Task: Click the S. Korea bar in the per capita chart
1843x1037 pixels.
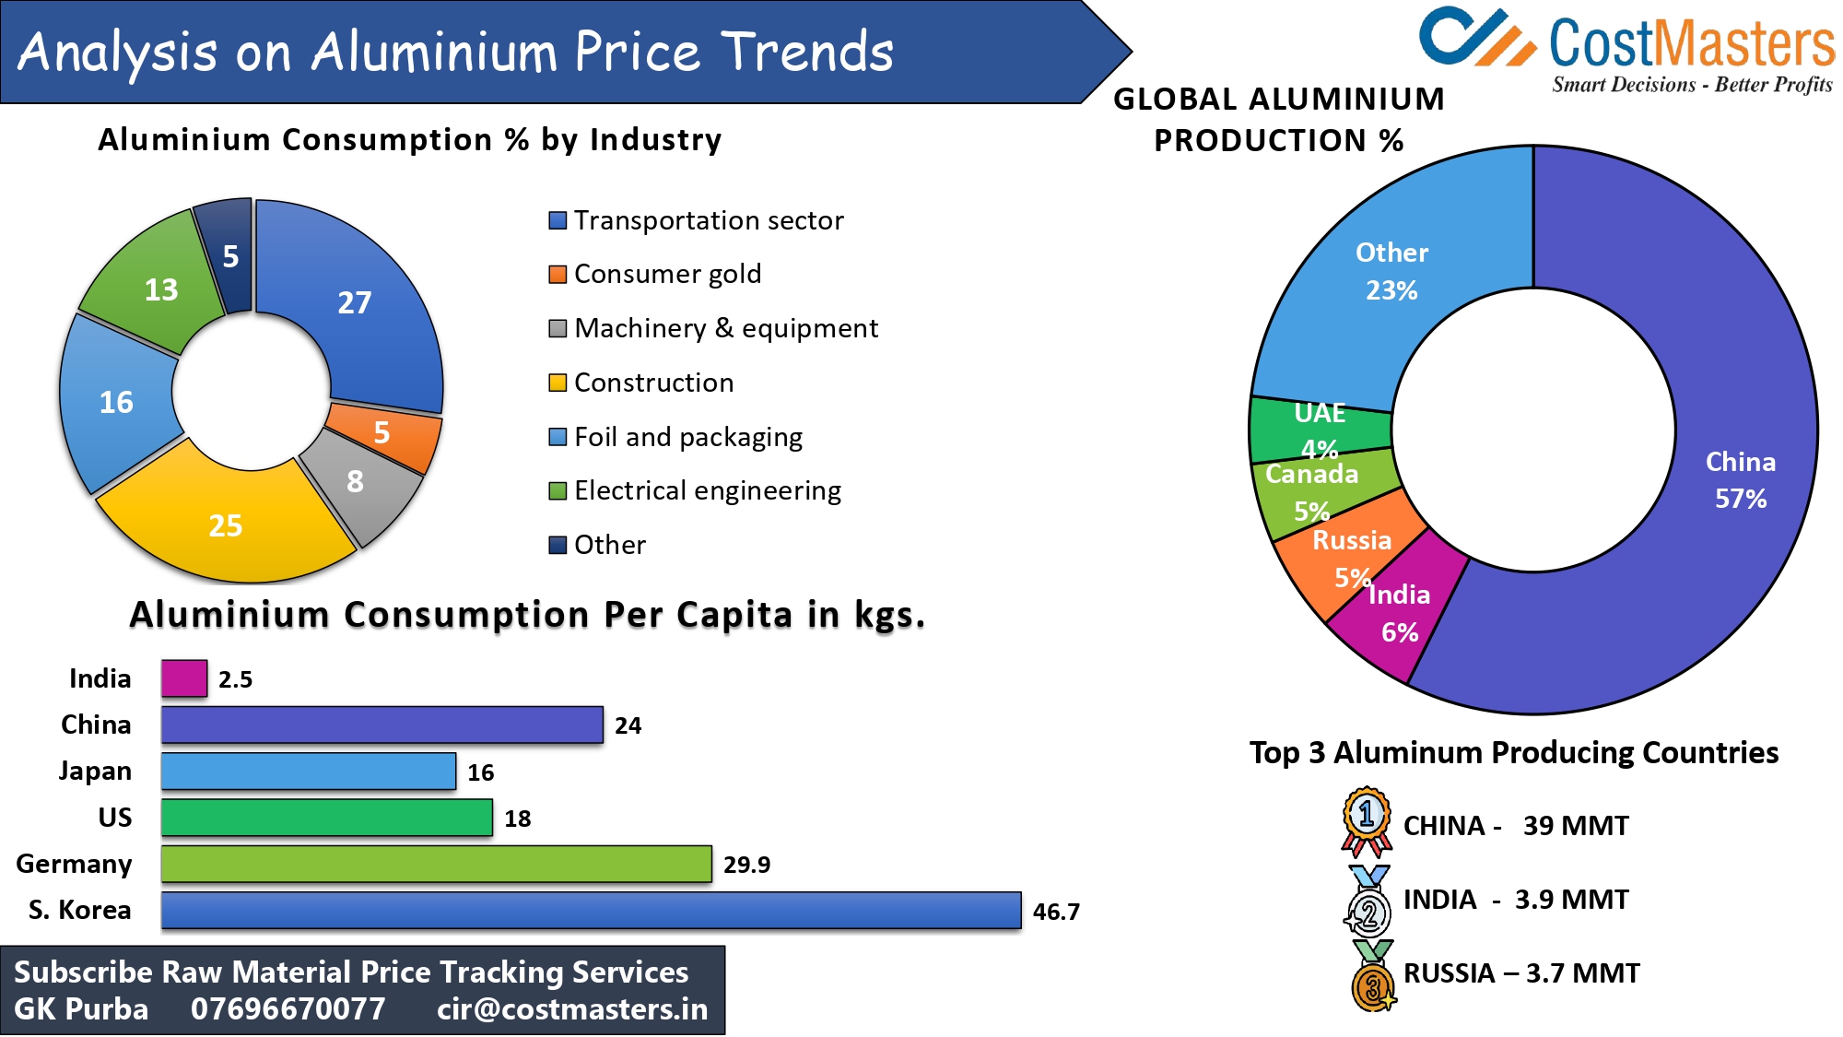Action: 590,910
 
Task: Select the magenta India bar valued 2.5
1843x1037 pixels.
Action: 184,678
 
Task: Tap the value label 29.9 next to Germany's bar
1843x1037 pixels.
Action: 746,865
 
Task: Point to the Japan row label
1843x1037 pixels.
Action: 95,771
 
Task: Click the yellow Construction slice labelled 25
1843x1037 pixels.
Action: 226,525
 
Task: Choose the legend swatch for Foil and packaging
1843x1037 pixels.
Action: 558,437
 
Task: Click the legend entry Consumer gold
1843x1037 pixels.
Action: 667,274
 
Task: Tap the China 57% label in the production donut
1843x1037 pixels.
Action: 1740,479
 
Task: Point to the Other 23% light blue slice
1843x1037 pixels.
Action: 1391,271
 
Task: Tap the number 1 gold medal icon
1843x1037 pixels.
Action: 1367,819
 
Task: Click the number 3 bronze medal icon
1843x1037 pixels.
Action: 1372,981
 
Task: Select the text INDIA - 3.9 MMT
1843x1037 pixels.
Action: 1515,900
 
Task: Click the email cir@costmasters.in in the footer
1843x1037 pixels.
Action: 571,1009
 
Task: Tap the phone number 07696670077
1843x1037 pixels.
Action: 288,1009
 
